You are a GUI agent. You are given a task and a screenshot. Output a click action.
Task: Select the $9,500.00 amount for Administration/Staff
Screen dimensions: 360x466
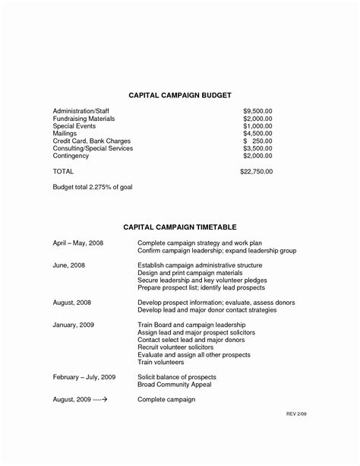pos(257,111)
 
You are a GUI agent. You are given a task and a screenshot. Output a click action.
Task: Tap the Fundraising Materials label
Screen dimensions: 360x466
pos(84,119)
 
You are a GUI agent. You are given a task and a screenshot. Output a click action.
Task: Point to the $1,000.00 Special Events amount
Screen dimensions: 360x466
pos(257,126)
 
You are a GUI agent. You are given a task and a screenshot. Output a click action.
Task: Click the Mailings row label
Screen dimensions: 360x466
pos(66,133)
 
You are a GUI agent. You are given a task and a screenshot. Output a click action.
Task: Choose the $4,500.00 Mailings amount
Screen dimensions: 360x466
pos(257,133)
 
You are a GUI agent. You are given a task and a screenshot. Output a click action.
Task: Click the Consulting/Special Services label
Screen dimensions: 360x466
pos(93,148)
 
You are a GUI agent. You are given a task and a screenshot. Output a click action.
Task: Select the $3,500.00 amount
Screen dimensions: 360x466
pos(257,148)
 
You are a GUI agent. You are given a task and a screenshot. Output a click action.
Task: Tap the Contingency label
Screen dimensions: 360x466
pos(71,156)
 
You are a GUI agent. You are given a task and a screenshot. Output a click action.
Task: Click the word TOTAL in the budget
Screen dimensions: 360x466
pos(63,172)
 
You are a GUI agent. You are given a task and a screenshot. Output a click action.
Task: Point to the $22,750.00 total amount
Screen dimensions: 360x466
pos(255,172)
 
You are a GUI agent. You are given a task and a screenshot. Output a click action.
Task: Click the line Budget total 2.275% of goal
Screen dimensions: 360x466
pos(93,187)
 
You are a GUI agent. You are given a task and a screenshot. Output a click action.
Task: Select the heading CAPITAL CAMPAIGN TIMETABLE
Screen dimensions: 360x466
pos(180,227)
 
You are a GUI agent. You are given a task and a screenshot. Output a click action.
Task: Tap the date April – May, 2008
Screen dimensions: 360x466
pos(78,243)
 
